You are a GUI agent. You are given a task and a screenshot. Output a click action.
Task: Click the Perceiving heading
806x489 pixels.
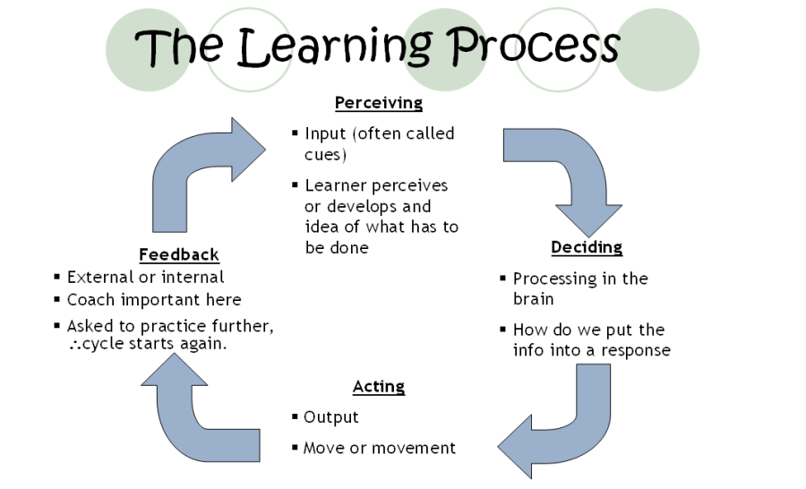(x=378, y=103)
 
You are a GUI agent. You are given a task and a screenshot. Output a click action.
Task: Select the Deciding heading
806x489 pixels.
(x=587, y=247)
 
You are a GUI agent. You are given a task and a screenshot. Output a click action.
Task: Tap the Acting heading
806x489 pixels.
(x=378, y=387)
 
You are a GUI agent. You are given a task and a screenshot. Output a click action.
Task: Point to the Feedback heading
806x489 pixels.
(x=179, y=255)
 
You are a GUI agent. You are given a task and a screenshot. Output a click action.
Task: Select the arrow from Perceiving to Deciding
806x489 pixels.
(x=564, y=175)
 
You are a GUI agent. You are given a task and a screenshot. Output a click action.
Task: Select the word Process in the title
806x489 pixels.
(x=534, y=45)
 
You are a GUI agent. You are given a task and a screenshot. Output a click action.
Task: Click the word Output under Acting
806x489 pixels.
(x=330, y=417)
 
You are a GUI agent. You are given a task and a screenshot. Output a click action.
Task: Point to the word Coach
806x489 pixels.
(x=91, y=300)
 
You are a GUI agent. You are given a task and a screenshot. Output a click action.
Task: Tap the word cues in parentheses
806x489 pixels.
(x=324, y=154)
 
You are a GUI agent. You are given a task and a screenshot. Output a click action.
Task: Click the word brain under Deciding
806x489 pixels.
(x=533, y=299)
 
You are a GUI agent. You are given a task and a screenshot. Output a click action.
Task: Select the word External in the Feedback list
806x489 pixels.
(x=99, y=278)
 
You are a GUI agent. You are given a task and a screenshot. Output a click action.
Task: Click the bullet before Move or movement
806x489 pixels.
(x=296, y=448)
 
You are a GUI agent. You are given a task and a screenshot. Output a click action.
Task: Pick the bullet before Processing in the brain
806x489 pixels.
(x=503, y=279)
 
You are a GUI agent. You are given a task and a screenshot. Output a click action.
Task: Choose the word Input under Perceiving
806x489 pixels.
(x=325, y=133)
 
